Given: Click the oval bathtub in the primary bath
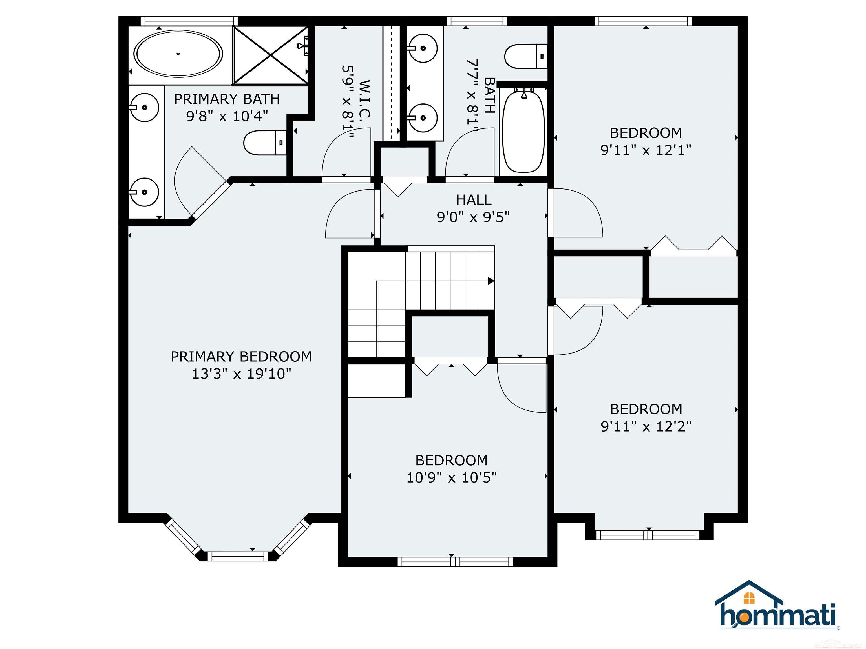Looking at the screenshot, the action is click(x=178, y=53).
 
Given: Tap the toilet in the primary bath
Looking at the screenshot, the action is click(x=266, y=143).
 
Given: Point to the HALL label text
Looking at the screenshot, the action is click(x=474, y=200).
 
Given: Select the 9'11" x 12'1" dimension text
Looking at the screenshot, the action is click(x=646, y=150).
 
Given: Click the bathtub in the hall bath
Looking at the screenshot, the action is click(x=523, y=130).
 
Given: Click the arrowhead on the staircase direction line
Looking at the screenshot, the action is click(x=491, y=281).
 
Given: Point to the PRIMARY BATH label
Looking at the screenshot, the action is click(x=227, y=99).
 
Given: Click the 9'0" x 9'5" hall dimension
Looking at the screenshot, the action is click(x=473, y=217).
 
